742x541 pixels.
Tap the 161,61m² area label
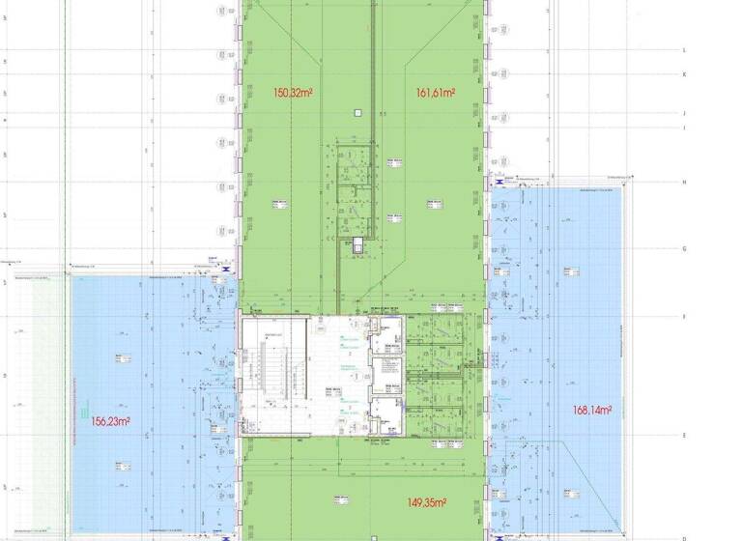[436, 94]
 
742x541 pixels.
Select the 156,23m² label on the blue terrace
[111, 421]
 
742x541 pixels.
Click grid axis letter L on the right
[684, 49]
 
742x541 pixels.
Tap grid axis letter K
[684, 74]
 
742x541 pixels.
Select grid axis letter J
[684, 113]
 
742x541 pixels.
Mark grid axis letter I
[684, 128]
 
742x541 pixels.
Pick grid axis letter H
[684, 182]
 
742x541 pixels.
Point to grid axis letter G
[684, 248]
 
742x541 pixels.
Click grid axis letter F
[684, 316]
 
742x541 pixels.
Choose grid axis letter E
[684, 436]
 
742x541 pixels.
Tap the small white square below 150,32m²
[357, 113]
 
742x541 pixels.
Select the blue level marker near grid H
[499, 181]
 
